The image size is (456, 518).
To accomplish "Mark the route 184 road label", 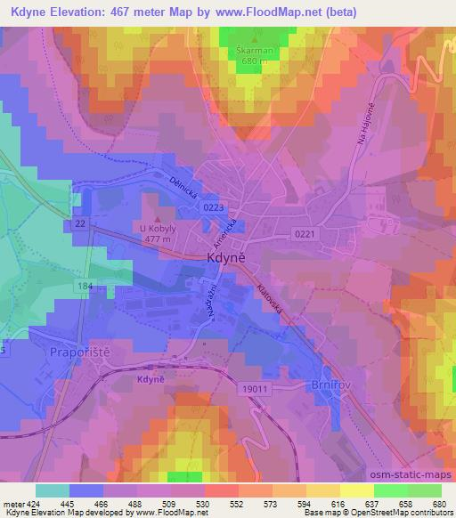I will [x=85, y=286].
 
